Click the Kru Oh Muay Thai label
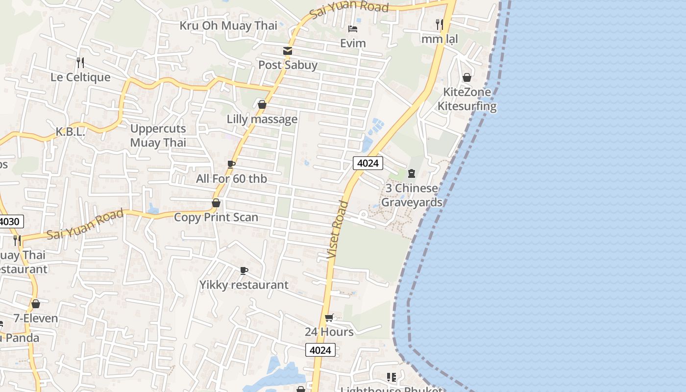(228, 25)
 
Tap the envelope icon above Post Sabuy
(287, 51)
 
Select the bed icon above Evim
(353, 29)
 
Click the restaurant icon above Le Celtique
(80, 63)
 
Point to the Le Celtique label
(80, 77)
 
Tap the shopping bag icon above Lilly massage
(262, 104)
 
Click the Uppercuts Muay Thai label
(158, 136)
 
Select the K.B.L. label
(71, 132)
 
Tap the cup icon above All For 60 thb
(231, 164)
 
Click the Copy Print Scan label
(216, 217)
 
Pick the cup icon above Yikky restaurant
(244, 270)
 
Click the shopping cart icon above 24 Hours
(329, 318)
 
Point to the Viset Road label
(338, 230)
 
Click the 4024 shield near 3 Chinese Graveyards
(367, 163)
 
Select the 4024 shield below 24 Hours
(320, 350)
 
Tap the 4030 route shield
(10, 221)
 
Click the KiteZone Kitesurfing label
(467, 99)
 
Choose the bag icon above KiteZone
(467, 77)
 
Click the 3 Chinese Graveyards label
(412, 195)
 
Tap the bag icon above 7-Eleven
(35, 304)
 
